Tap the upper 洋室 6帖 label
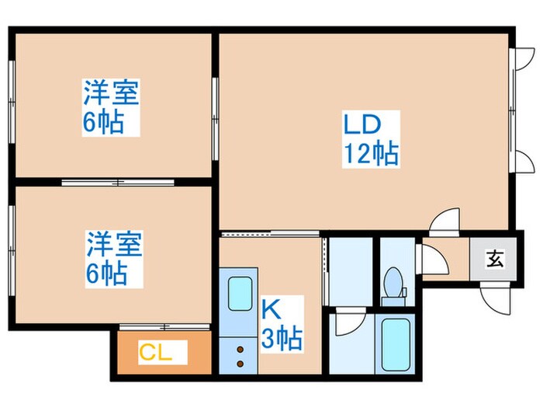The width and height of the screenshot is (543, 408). coord(110,108)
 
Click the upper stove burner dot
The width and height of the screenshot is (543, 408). coord(240,351)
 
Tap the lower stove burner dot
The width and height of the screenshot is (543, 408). coord(240,364)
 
